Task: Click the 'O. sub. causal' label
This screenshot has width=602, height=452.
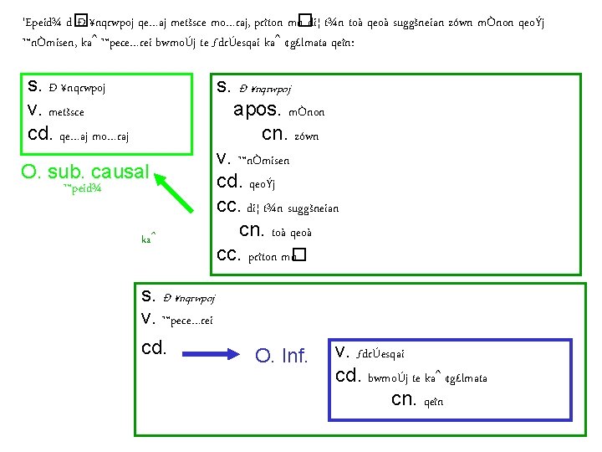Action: click(85, 172)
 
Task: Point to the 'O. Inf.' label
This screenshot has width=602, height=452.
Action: click(282, 357)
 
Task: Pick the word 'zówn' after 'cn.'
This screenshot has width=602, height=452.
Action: click(307, 136)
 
